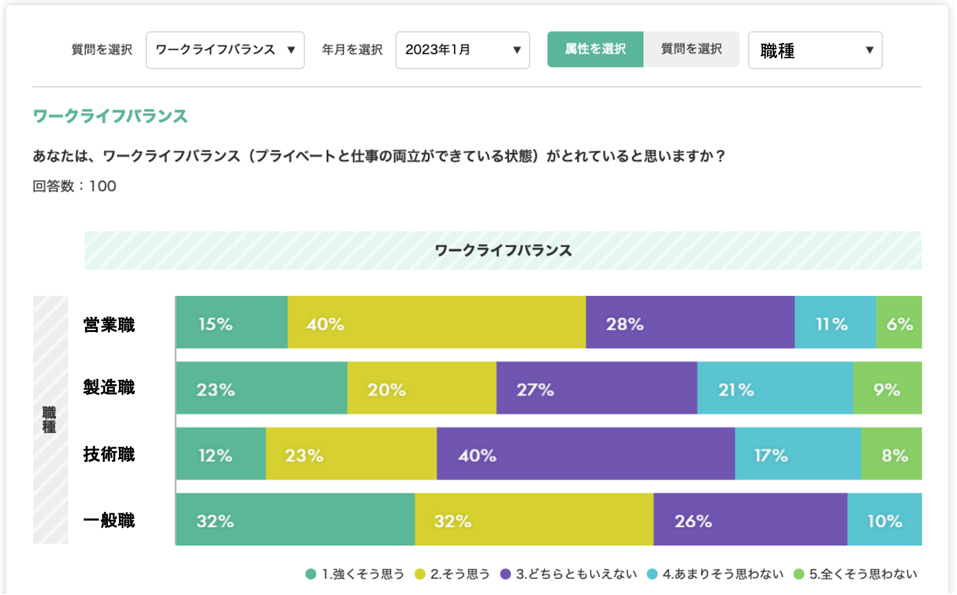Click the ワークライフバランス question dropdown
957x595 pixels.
pyautogui.click(x=225, y=50)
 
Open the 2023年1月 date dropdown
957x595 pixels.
pyautogui.click(x=462, y=50)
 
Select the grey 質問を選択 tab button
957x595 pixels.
pyautogui.click(x=691, y=49)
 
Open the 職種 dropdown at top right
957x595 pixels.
pyautogui.click(x=815, y=50)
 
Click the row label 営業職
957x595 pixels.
pyautogui.click(x=109, y=325)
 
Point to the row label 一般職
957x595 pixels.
pyautogui.click(x=109, y=520)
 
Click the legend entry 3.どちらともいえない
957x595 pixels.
pyautogui.click(x=569, y=574)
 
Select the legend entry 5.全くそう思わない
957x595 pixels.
pyautogui.click(x=856, y=574)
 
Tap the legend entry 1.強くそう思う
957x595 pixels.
pyautogui.click(x=355, y=574)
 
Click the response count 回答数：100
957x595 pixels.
pyautogui.click(x=74, y=186)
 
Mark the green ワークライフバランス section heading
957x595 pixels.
pyautogui.click(x=110, y=116)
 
